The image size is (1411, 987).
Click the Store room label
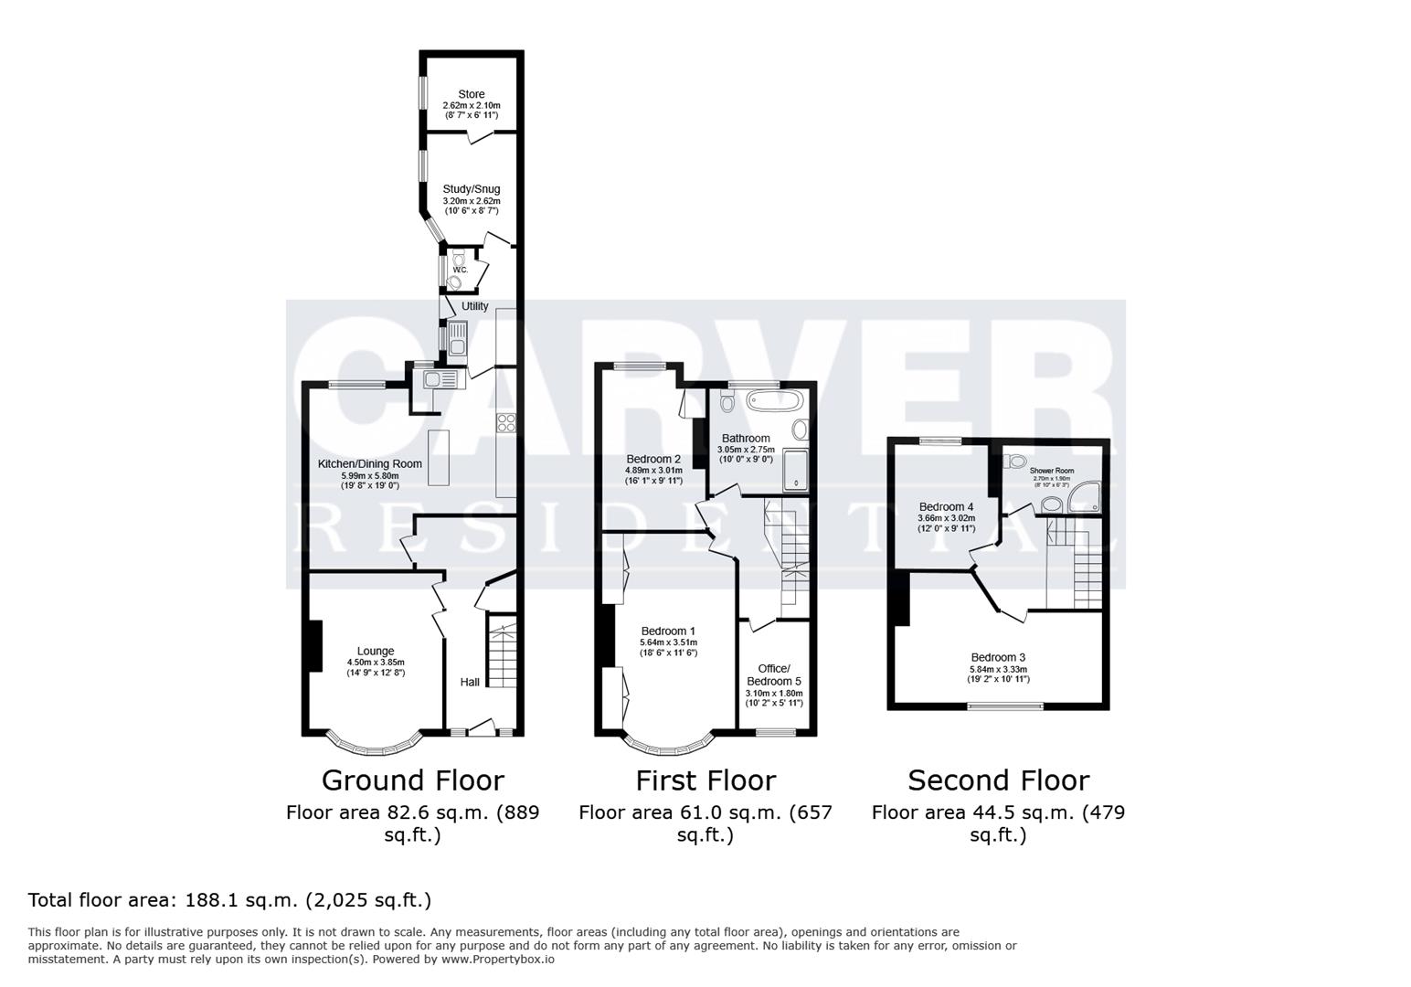(471, 94)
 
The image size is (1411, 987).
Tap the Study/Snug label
(471, 189)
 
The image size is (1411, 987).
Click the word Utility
(474, 306)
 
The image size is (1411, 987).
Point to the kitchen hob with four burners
(506, 422)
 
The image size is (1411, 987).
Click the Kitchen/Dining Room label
(369, 463)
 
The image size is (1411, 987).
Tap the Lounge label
(375, 652)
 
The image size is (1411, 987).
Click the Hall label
(470, 682)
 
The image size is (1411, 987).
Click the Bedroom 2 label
(653, 459)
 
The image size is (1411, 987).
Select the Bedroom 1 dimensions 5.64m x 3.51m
(668, 642)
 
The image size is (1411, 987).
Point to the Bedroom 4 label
(946, 506)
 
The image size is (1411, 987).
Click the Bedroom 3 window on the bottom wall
(1005, 706)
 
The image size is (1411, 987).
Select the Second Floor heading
(998, 780)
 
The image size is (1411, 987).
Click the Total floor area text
(229, 900)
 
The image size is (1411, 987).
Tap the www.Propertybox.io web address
(498, 960)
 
